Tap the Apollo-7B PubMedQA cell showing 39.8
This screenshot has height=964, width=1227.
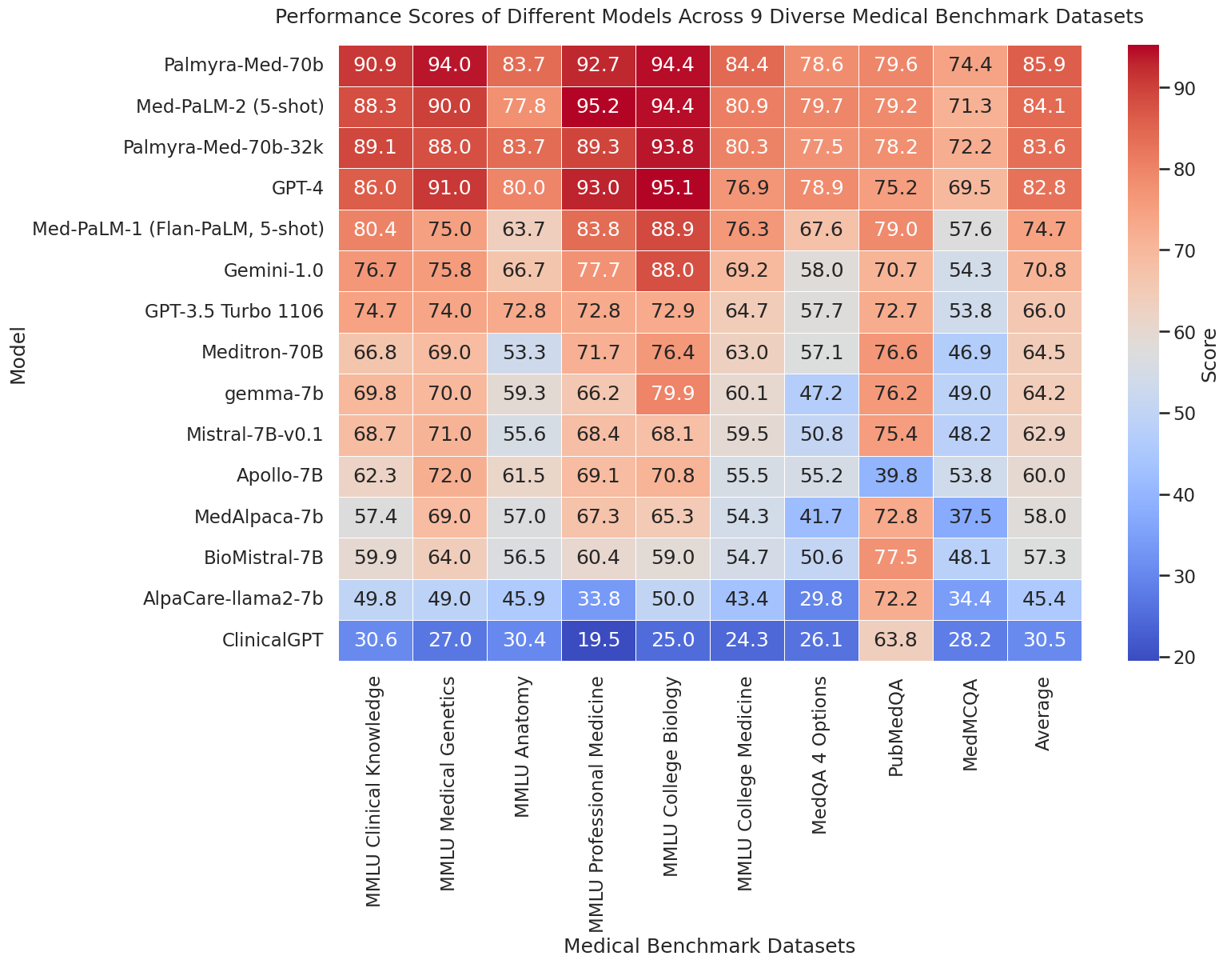[896, 476]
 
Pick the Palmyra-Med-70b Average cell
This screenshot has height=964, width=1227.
[1044, 65]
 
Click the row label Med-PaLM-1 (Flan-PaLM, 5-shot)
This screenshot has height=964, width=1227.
[177, 230]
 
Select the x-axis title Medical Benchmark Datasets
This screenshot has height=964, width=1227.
[709, 946]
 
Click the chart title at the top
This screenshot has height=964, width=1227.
[708, 16]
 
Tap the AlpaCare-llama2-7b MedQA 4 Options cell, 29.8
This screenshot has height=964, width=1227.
[821, 600]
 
